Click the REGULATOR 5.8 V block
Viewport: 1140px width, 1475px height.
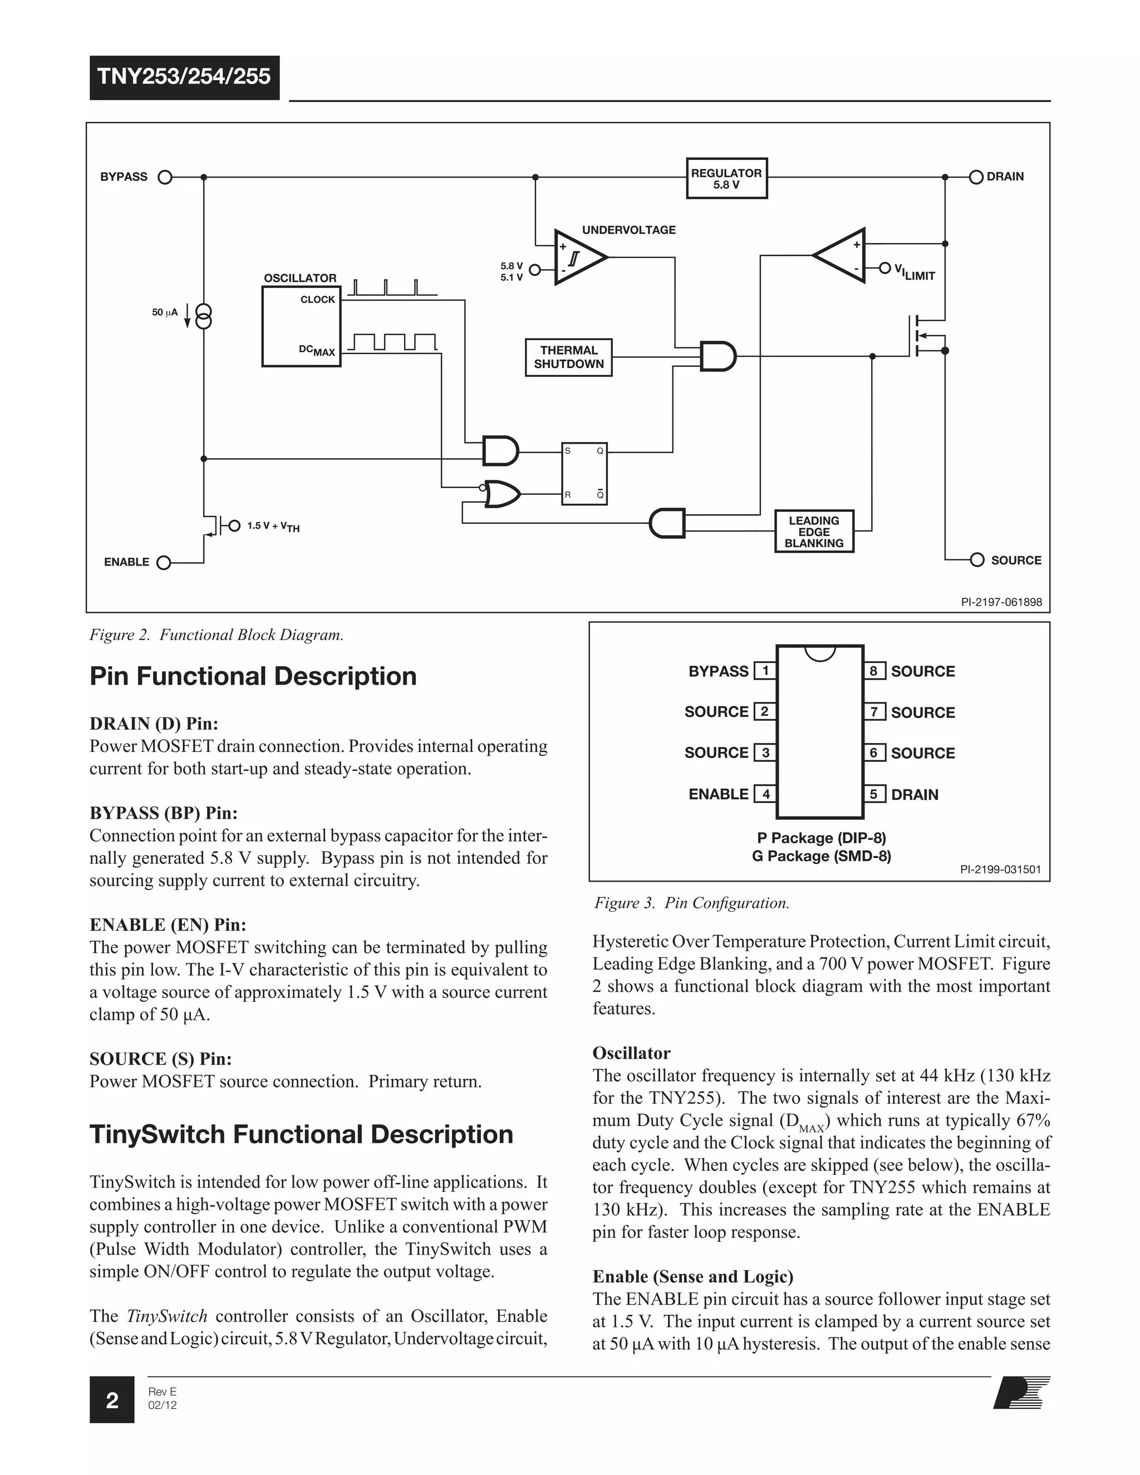[726, 178]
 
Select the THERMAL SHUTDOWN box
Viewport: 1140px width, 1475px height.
[569, 357]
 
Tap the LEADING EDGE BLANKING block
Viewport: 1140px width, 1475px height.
[814, 532]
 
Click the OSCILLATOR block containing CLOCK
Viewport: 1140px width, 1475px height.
[301, 326]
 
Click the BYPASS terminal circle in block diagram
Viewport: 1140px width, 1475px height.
[165, 178]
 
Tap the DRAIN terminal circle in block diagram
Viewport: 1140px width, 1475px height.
[976, 177]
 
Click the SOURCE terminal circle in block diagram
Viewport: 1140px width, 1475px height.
[976, 560]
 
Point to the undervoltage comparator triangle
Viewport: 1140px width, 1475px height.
[577, 257]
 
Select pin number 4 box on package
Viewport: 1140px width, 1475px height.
[765, 794]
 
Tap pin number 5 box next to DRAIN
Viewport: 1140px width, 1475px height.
[874, 794]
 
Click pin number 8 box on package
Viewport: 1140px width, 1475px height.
[874, 671]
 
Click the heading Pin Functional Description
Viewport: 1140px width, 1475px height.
[253, 677]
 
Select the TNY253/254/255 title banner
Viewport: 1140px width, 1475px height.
[184, 77]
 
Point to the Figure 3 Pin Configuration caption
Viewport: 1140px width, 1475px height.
[691, 903]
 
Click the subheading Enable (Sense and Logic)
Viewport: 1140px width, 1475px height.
[693, 1276]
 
